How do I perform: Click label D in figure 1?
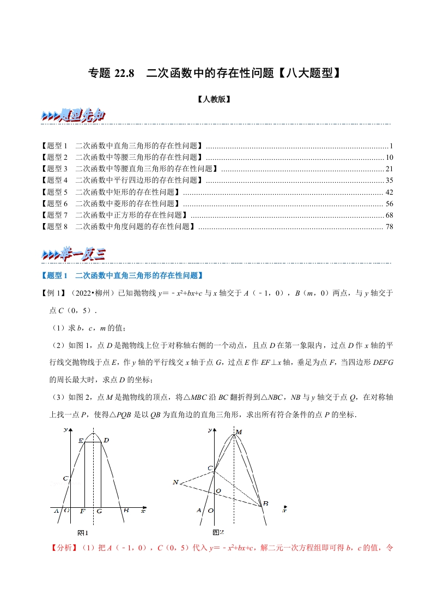tap(106, 440)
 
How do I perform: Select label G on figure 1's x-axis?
tap(100, 512)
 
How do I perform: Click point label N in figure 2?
tap(175, 482)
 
